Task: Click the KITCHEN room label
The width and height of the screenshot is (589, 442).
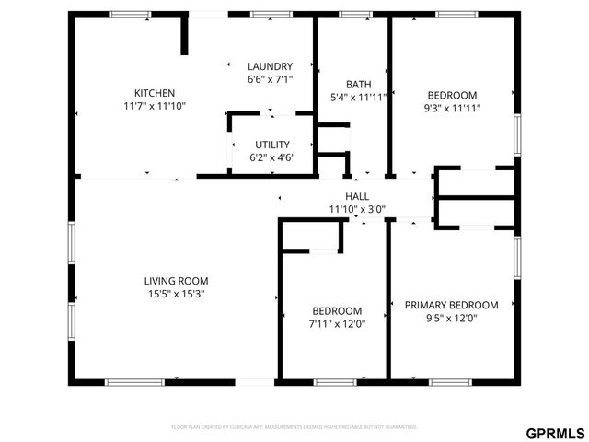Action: pos(155,93)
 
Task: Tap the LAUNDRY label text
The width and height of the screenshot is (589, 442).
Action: pos(270,66)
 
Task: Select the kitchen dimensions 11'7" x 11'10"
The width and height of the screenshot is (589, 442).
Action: pos(155,107)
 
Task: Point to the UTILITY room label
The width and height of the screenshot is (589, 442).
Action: pos(272,145)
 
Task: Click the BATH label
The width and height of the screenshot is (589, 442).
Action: pos(358,84)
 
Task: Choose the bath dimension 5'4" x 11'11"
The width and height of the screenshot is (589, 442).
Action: pos(358,98)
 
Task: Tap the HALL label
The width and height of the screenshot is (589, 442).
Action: pos(357,196)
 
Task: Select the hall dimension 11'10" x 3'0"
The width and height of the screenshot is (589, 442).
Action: pos(357,209)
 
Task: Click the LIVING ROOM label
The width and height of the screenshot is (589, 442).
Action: pos(176,281)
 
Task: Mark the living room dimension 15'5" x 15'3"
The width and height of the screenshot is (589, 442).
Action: pos(176,295)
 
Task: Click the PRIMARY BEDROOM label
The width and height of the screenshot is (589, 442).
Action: pos(452,305)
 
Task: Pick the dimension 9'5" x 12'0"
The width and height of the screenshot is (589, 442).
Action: pos(452,319)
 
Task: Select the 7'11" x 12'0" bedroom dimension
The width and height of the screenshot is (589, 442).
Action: pos(337,324)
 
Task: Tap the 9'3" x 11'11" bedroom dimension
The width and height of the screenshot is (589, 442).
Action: pos(452,108)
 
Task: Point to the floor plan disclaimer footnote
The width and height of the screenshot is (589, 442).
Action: pos(294,427)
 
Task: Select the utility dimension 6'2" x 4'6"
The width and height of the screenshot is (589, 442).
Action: pos(272,158)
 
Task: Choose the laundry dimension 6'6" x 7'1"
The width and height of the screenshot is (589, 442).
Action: pos(270,80)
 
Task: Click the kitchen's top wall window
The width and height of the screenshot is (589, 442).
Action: pos(124,15)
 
